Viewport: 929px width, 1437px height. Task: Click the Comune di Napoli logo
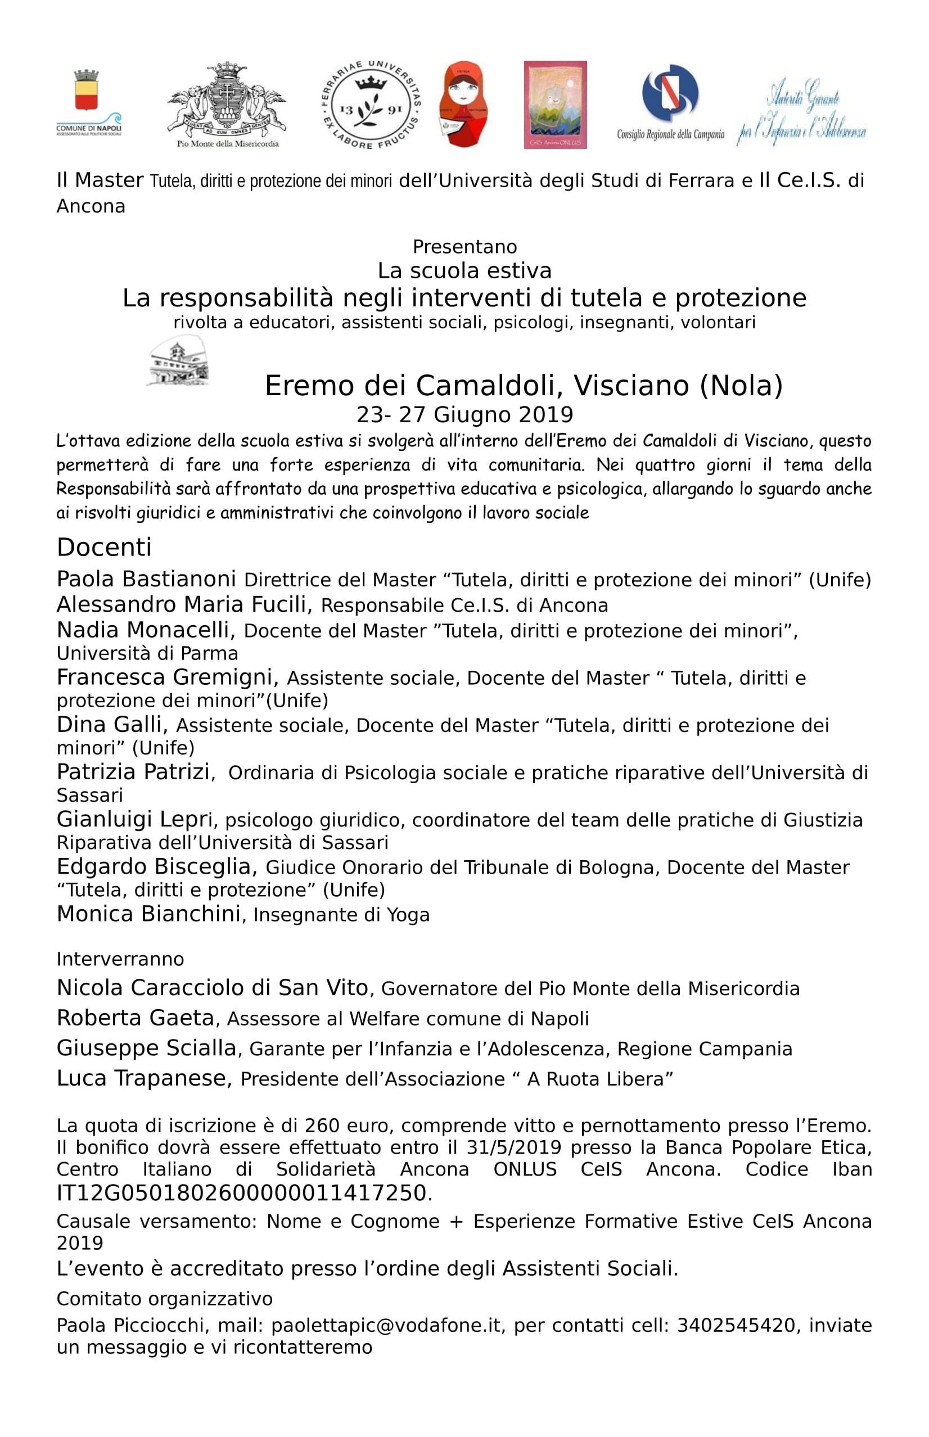click(88, 102)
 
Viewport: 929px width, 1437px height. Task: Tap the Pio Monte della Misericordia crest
click(227, 102)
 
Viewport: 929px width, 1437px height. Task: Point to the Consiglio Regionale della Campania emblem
click(670, 100)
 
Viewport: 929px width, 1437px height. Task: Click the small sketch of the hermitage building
click(178, 360)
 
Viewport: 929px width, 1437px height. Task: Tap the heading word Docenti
click(104, 547)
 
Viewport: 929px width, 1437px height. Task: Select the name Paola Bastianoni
click(146, 579)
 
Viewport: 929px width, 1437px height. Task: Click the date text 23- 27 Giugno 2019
click(465, 414)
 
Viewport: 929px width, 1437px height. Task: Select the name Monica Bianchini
click(148, 914)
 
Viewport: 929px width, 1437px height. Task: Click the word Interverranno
click(120, 959)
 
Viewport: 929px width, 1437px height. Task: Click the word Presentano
click(465, 247)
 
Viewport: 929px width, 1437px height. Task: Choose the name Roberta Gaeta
click(135, 1018)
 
